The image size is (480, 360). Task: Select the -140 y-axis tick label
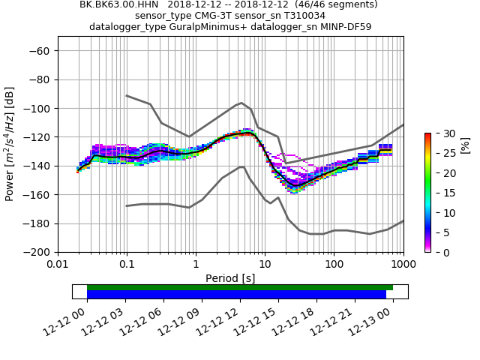[38, 166]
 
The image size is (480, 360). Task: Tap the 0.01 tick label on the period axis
[58, 265]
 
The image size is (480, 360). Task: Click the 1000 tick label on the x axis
[403, 265]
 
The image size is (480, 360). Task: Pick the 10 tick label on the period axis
[265, 265]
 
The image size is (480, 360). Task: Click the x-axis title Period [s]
[230, 277]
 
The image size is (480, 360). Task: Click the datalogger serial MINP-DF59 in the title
[341, 26]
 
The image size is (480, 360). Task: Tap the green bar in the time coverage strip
[240, 287]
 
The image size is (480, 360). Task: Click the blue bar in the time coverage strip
[236, 295]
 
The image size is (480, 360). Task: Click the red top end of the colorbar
[427, 134]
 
